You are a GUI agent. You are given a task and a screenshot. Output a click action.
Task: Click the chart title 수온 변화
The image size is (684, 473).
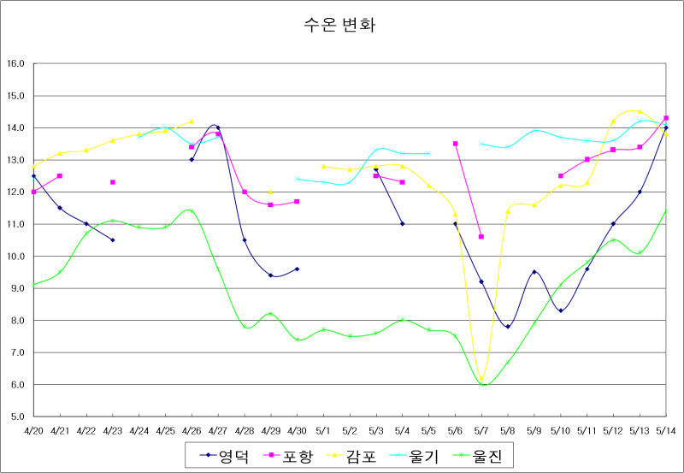pos(339,24)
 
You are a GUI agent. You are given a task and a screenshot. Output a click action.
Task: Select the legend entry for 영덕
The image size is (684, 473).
pos(224,456)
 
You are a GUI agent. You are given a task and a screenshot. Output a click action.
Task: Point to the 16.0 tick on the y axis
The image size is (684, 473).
pos(15,63)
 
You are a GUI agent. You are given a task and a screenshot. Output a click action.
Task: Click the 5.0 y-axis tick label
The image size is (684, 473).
pos(15,417)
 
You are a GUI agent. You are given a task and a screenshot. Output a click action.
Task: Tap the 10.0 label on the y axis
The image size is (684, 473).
pos(15,257)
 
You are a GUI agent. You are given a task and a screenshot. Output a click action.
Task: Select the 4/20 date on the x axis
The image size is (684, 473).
pos(33,429)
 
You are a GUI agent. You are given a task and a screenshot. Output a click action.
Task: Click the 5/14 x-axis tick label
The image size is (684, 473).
pos(665,429)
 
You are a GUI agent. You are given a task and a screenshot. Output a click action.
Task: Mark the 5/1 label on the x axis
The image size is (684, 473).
pos(323,429)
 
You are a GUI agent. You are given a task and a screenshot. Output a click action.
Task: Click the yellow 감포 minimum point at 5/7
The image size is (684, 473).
pos(481,378)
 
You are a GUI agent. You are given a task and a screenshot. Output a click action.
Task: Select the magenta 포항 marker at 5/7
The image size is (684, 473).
pos(481,237)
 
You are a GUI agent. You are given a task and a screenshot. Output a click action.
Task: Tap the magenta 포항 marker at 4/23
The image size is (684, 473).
pos(112,182)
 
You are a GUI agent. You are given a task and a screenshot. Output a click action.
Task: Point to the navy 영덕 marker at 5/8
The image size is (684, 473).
pos(508,327)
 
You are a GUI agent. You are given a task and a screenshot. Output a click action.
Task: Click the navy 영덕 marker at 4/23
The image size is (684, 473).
pos(112,240)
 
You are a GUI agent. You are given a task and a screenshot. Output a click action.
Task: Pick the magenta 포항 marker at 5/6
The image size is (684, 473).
pos(455,144)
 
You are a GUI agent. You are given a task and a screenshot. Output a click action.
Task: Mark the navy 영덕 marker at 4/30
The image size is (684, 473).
pos(297,269)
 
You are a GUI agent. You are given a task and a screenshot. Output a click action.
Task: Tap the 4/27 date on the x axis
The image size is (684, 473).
pos(218,429)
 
